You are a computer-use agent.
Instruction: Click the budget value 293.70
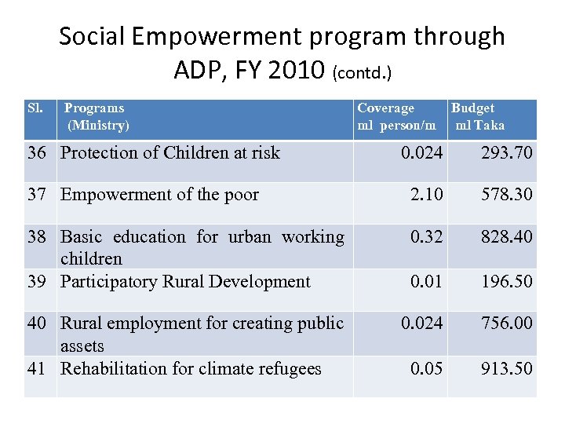click(506, 152)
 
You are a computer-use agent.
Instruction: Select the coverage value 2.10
click(426, 195)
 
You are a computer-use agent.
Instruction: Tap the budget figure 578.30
click(506, 195)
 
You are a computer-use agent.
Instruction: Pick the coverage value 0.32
click(426, 237)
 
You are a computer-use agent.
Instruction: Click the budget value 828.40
click(506, 237)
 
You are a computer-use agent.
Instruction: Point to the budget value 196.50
click(506, 281)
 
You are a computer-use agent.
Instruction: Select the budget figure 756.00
click(506, 323)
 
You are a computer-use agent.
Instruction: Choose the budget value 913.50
click(506, 368)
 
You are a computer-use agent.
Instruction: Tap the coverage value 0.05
click(426, 368)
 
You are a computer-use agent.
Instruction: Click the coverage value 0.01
click(426, 281)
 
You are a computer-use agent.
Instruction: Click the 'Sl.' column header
click(35, 108)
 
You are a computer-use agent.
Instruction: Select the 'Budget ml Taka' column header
click(478, 116)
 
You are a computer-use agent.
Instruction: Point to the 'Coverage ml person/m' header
click(396, 116)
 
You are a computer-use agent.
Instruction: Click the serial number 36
click(36, 152)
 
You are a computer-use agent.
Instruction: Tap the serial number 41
click(36, 368)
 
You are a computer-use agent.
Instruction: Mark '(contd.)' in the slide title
click(363, 73)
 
